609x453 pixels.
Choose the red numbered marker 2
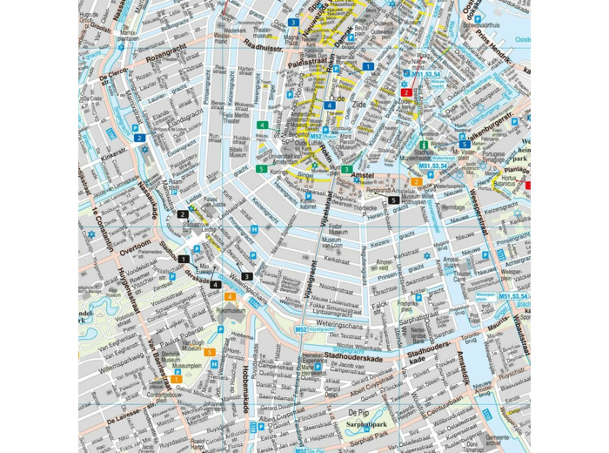click(x=405, y=91)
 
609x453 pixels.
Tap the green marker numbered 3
click(x=346, y=169)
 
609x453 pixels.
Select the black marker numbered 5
click(x=394, y=200)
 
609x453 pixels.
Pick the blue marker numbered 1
click(x=369, y=66)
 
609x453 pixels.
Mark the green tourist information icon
click(x=425, y=145)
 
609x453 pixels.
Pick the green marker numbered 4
click(x=261, y=125)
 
